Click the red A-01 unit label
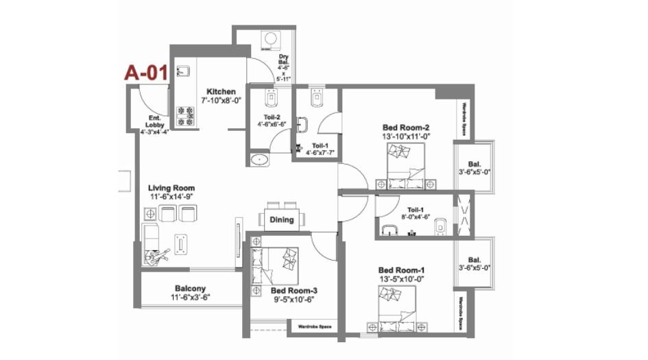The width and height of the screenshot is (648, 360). tap(145, 73)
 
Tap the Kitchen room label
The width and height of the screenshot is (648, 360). tap(221, 92)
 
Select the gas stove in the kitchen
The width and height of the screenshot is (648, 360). tap(185, 115)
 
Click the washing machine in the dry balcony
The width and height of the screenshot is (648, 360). tap(272, 39)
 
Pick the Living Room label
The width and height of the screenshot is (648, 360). tap(171, 188)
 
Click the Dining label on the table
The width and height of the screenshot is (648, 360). tap(282, 220)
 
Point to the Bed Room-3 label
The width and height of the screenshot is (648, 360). tap(293, 291)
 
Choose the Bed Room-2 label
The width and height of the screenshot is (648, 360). tap(405, 128)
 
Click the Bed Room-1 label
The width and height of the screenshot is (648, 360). tap(402, 270)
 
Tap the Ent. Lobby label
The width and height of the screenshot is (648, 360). tap(154, 121)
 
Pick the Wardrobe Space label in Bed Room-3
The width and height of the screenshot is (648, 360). tap(315, 327)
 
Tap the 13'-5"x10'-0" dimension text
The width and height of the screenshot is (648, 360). tap(402, 279)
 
